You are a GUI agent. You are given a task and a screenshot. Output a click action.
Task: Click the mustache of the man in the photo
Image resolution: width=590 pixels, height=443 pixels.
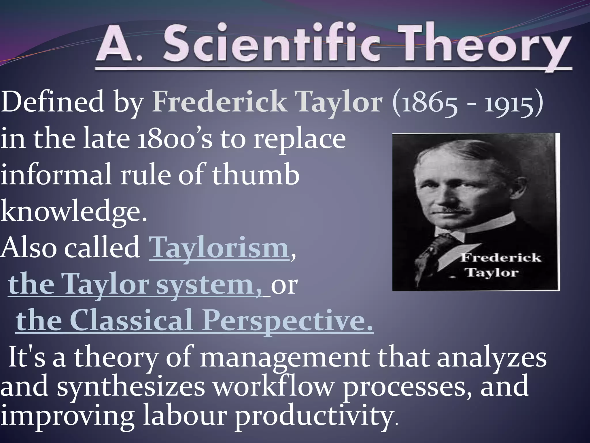[458, 210]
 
